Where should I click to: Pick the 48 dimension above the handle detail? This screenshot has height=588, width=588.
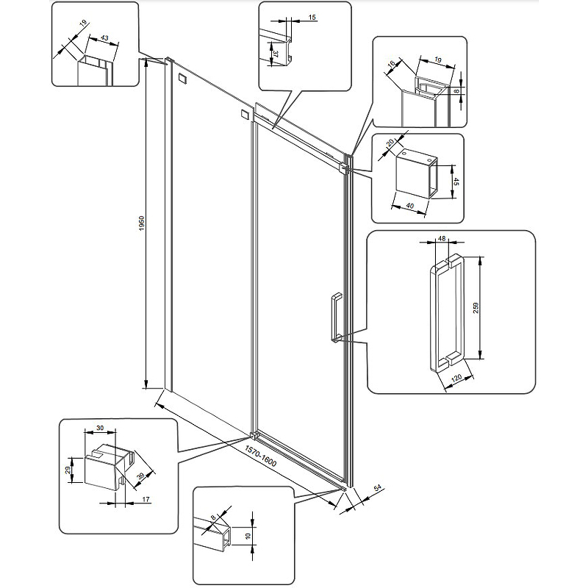[442, 239]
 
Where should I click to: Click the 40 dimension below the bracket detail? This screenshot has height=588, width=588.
[409, 205]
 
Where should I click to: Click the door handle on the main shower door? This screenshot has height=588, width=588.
[334, 317]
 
